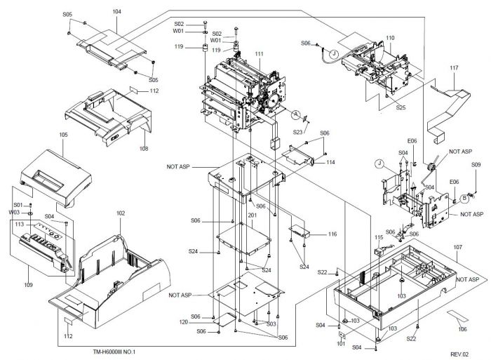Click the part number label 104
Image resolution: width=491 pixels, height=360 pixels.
tap(116, 12)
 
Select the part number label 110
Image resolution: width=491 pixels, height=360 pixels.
tap(389, 37)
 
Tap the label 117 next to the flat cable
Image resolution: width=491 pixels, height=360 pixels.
tap(454, 68)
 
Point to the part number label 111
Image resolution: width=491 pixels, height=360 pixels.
tap(260, 54)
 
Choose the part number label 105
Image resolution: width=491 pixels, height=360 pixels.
tap(63, 133)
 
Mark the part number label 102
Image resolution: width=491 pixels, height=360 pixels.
tap(121, 213)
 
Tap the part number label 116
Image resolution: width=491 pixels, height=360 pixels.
tap(332, 234)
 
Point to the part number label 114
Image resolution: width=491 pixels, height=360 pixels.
tap(330, 162)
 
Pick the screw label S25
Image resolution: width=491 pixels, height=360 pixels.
tap(401, 107)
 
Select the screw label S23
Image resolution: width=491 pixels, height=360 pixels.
tap(298, 131)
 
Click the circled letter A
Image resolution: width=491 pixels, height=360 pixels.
tap(296, 114)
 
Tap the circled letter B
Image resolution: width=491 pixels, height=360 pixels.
tap(464, 199)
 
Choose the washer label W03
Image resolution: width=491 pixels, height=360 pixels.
tap(15, 212)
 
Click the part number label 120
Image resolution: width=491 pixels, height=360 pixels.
tap(203, 322)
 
